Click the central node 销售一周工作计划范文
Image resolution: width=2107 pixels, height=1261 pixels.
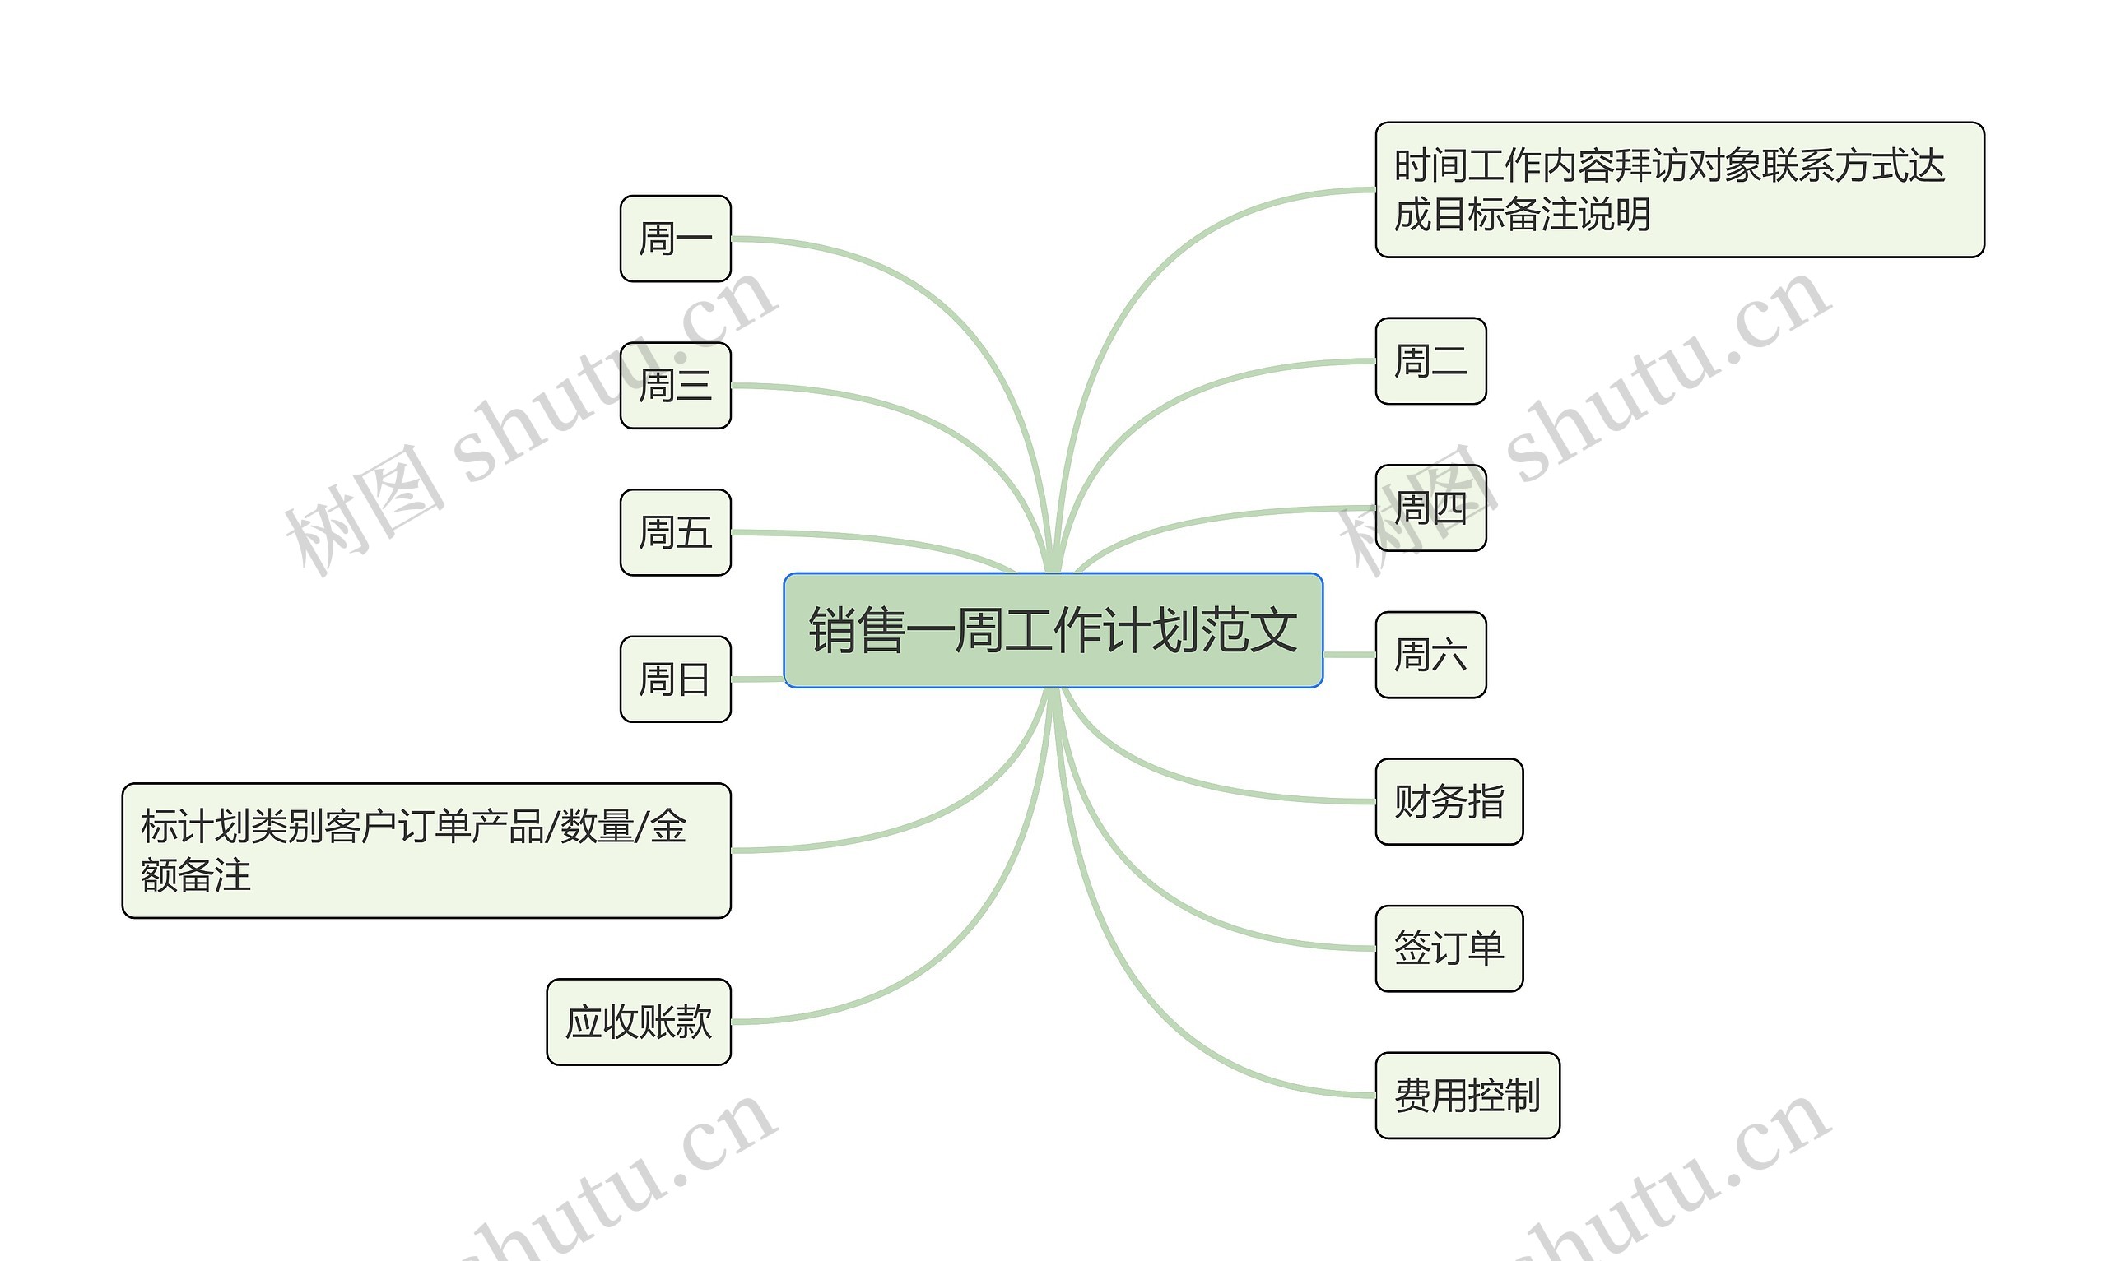(x=1052, y=629)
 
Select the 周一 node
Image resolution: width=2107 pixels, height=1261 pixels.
(x=675, y=238)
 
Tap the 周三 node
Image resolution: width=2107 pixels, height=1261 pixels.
(x=675, y=385)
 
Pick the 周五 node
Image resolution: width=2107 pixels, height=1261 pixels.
(x=675, y=532)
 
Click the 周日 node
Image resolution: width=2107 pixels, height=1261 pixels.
(x=675, y=679)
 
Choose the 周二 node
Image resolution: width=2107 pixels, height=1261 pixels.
(x=1430, y=360)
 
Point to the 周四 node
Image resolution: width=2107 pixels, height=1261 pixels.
(x=1430, y=508)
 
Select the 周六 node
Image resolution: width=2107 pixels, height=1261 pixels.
(x=1430, y=654)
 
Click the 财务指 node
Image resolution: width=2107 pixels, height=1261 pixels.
(x=1449, y=801)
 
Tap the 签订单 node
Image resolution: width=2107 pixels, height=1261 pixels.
(x=1449, y=948)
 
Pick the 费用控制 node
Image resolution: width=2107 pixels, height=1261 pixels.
(x=1467, y=1096)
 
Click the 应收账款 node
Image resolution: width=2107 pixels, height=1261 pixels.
(x=639, y=1022)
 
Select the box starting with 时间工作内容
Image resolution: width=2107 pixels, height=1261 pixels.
(x=1680, y=189)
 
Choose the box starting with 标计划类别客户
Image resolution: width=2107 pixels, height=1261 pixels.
(x=426, y=851)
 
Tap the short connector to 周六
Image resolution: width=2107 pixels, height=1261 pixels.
(x=1349, y=654)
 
